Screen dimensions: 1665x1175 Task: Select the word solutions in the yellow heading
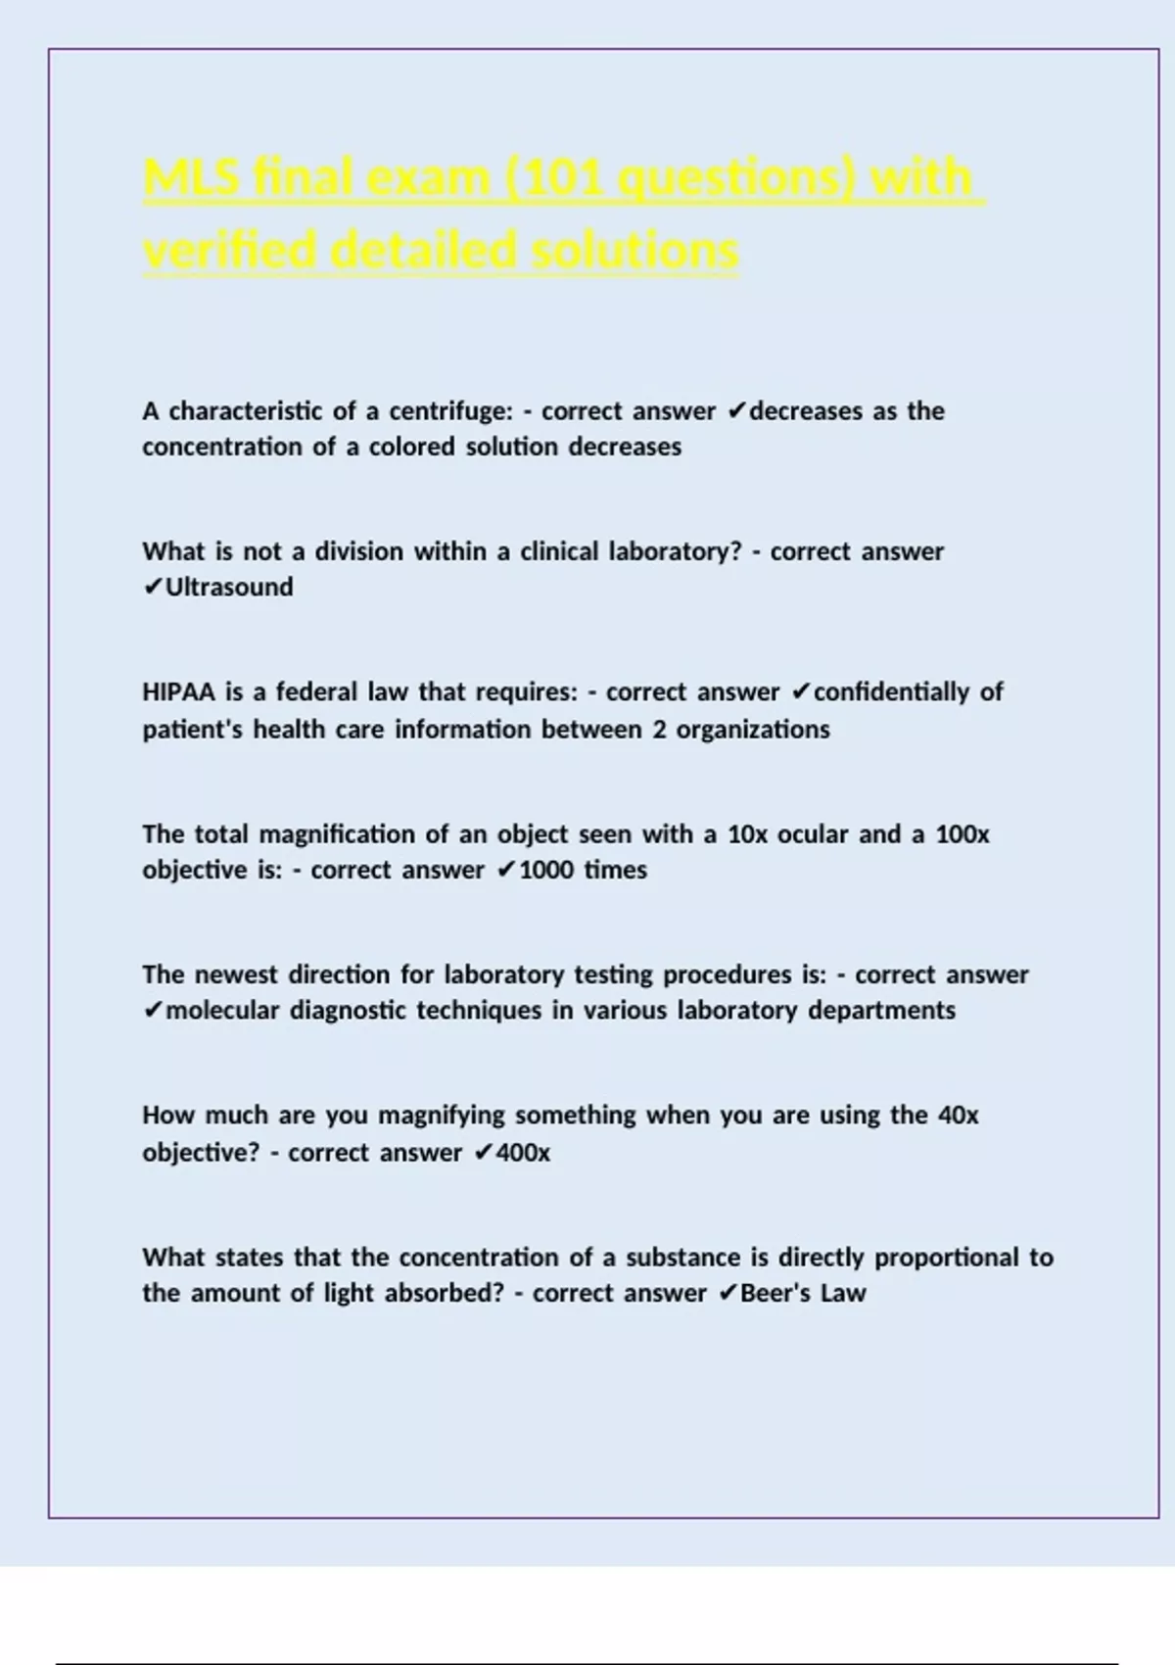click(636, 251)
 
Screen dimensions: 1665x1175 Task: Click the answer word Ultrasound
click(229, 587)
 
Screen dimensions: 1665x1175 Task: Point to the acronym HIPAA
click(178, 692)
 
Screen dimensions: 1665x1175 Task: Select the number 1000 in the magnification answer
click(546, 870)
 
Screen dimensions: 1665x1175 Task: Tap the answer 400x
click(523, 1153)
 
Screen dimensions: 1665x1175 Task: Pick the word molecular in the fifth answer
click(222, 1011)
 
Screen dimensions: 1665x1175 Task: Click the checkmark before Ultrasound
click(153, 587)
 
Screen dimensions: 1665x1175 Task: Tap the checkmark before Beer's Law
click(728, 1293)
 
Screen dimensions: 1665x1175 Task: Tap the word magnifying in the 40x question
click(442, 1116)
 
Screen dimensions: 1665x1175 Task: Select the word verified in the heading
click(231, 251)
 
